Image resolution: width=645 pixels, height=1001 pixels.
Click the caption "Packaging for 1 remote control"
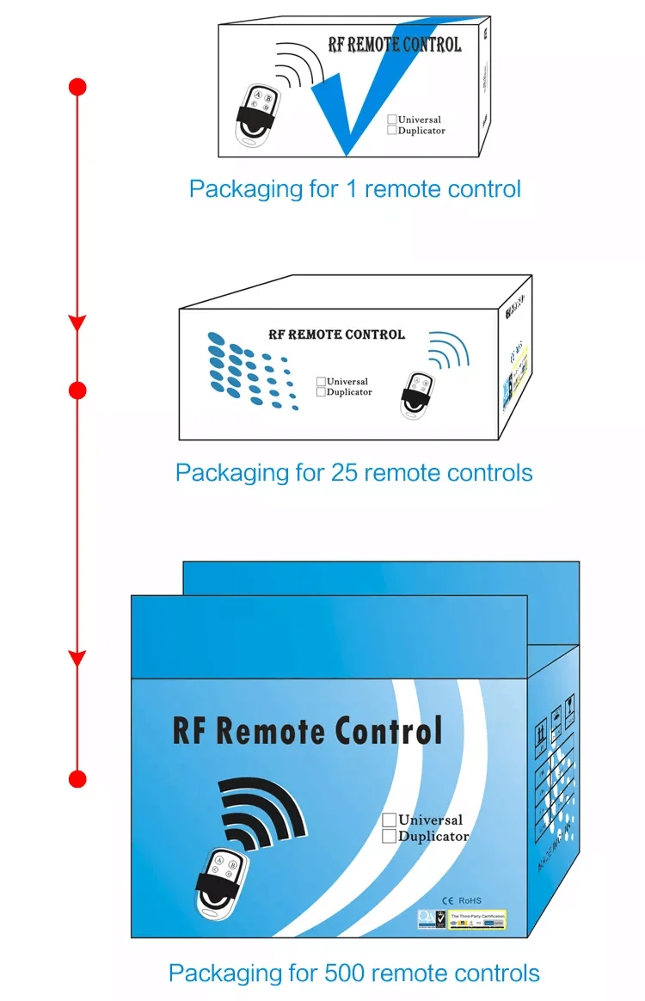point(354,188)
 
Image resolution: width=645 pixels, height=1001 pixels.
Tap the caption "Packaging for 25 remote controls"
point(353,472)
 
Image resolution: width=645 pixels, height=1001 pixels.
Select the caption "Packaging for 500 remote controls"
point(353,973)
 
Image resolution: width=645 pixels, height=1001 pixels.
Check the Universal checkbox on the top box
point(392,120)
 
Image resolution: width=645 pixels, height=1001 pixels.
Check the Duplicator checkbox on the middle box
point(321,392)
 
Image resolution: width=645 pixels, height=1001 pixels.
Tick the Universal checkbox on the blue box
point(389,820)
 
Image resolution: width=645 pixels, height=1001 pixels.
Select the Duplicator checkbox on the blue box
point(389,836)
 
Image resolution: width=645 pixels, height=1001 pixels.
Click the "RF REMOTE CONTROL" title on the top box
point(395,46)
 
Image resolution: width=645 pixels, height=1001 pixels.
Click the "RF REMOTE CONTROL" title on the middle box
point(336,334)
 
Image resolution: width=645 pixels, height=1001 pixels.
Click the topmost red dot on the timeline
point(77,86)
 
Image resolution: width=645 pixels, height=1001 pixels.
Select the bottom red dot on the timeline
point(77,779)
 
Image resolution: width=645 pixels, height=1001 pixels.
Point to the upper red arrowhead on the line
point(77,322)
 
